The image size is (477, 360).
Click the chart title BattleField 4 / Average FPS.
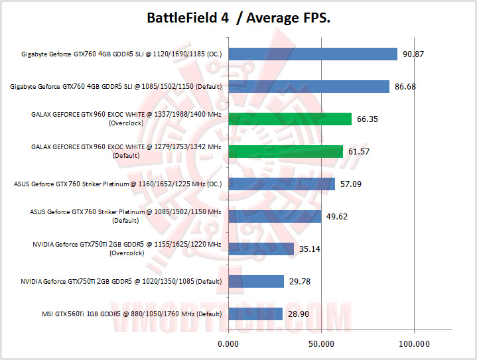pyautogui.click(x=238, y=18)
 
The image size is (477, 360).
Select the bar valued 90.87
pyautogui.click(x=312, y=54)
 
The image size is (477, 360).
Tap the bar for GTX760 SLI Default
pyautogui.click(x=308, y=86)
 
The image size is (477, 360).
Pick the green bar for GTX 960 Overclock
pyautogui.click(x=290, y=119)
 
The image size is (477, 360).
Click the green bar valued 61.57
pyautogui.click(x=285, y=151)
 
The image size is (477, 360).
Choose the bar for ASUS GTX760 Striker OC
pyautogui.click(x=281, y=184)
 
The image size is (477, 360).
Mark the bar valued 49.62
pyautogui.click(x=275, y=216)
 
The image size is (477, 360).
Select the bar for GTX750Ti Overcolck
pyautogui.click(x=261, y=249)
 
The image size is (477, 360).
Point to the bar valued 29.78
pyautogui.click(x=256, y=281)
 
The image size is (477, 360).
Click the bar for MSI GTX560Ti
pyautogui.click(x=255, y=314)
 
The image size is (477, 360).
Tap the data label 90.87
pyautogui.click(x=412, y=54)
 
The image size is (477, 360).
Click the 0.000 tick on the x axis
pyautogui.click(x=228, y=343)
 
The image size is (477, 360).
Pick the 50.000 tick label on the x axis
pyautogui.click(x=321, y=343)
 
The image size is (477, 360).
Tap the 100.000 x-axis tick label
pyautogui.click(x=414, y=343)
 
